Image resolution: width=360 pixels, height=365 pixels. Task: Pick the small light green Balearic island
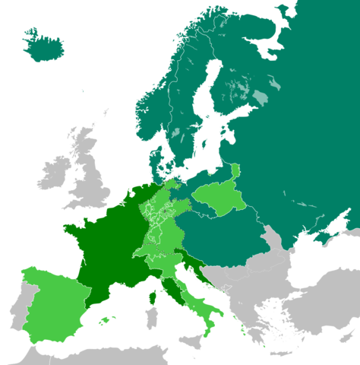[x=102, y=322]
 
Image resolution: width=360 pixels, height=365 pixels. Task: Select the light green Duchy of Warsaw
[x=220, y=198]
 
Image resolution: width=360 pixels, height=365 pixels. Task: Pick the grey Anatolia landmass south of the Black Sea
[x=319, y=304]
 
